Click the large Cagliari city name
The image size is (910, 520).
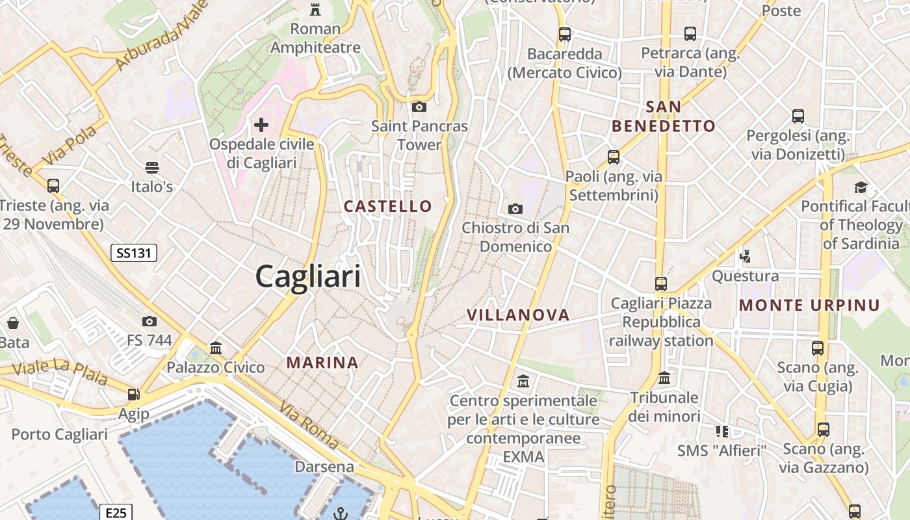click(307, 277)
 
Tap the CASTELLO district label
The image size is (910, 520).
click(387, 207)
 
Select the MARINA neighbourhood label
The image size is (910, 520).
click(322, 363)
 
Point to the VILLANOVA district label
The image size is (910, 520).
click(518, 315)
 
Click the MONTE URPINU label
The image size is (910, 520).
click(809, 305)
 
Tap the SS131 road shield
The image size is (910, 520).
click(133, 253)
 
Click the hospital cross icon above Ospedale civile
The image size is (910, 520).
click(261, 124)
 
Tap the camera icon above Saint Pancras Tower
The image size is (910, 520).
click(419, 107)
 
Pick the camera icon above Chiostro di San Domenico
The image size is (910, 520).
click(515, 209)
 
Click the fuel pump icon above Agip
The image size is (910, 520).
click(133, 394)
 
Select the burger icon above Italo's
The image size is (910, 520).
click(152, 168)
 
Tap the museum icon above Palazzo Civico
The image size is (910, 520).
click(216, 348)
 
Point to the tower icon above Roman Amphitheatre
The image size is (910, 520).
click(315, 9)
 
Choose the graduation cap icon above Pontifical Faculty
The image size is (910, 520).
click(861, 187)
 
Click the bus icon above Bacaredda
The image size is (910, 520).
click(565, 34)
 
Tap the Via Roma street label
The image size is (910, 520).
click(309, 425)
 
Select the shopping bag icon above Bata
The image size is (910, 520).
click(13, 323)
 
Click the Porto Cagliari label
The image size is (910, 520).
click(60, 434)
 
